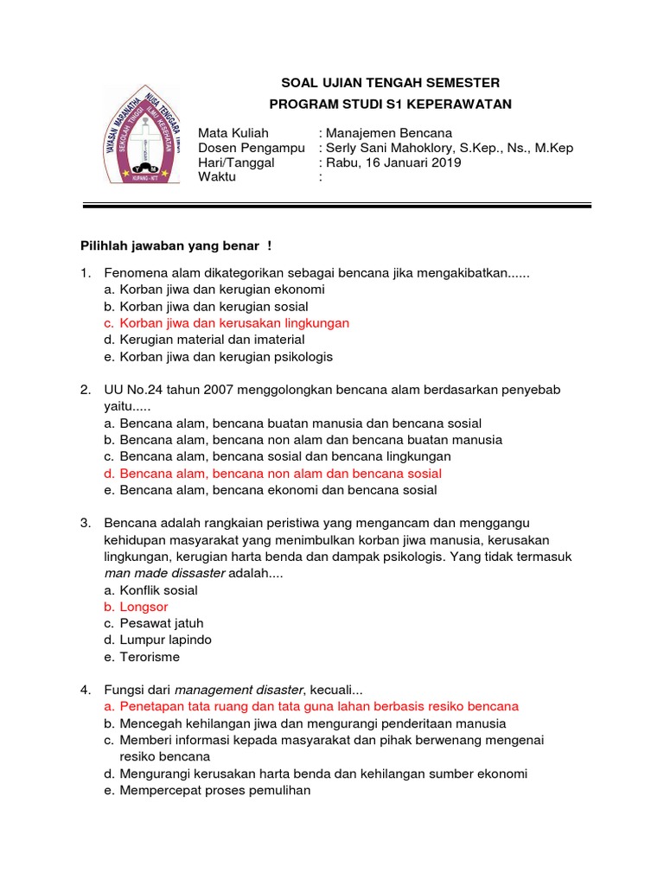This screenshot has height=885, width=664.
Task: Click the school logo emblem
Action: [x=143, y=135]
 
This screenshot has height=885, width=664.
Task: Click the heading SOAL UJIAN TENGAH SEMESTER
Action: [x=391, y=83]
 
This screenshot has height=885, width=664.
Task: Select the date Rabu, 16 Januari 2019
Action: [x=393, y=162]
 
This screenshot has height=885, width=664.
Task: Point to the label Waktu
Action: [x=216, y=177]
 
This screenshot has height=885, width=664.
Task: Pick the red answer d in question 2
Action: [x=280, y=474]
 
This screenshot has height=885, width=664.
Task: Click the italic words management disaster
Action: [x=238, y=690]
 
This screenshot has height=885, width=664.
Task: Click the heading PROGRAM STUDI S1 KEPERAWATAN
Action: [x=391, y=105]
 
